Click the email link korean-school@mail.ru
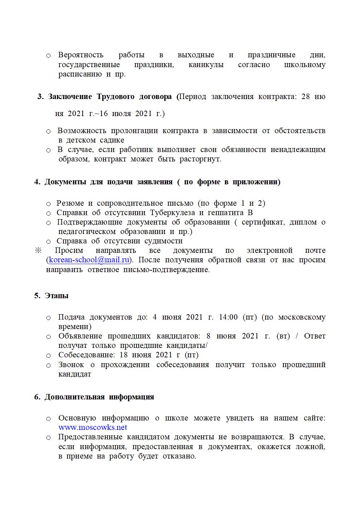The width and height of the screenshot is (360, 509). pos(89,260)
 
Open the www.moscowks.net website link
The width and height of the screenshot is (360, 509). pos(93,427)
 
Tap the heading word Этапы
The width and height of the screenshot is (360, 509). pos(57,296)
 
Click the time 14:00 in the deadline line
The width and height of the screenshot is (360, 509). pos(228,317)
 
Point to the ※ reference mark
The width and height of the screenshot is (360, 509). pos(38,251)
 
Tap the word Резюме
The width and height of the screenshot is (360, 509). pos(70,203)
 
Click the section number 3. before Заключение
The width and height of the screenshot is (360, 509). pos(40,97)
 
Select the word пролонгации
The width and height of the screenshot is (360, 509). pos(134,131)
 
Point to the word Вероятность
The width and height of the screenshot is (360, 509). pos(81,55)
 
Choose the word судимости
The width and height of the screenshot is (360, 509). pos(163,241)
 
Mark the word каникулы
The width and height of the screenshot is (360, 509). pos(206,65)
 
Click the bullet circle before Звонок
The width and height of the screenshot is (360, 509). pos(48,365)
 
